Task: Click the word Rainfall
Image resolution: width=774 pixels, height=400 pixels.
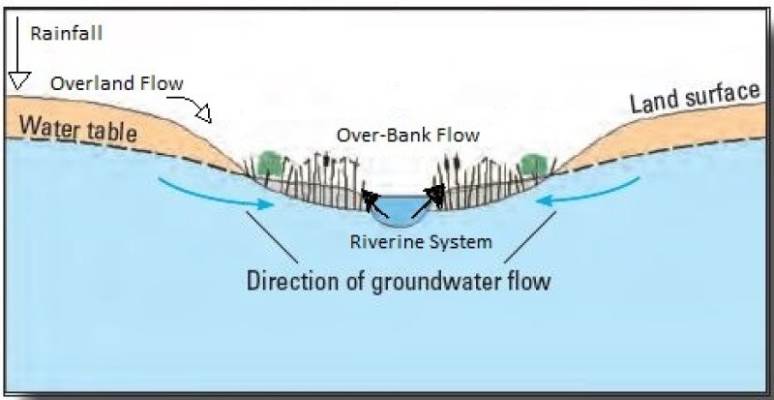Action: [x=67, y=33]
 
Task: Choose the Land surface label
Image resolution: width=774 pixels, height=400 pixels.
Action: [x=695, y=97]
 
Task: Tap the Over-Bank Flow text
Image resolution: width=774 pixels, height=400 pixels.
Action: [x=407, y=136]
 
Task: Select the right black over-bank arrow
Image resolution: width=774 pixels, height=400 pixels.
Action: [x=433, y=197]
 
